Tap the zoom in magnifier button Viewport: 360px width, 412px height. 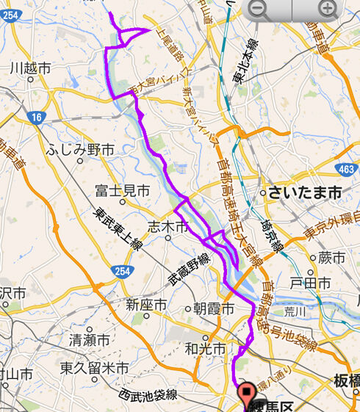328,10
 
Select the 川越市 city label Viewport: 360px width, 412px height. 30,68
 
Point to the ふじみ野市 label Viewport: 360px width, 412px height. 80,150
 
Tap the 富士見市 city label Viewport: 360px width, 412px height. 122,192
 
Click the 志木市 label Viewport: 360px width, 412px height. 168,225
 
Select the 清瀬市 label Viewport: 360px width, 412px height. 89,340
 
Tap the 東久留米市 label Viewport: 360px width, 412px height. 95,367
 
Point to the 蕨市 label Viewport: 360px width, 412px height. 332,258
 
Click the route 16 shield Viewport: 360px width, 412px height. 36,117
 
